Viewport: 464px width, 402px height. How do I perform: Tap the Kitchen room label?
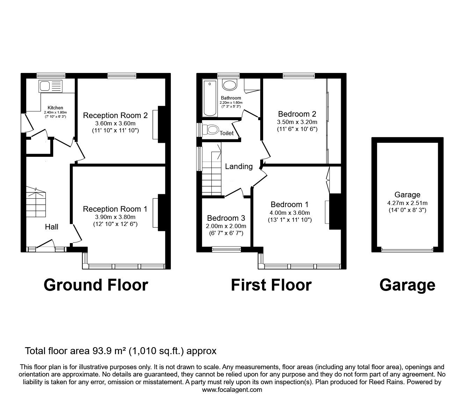tap(56, 108)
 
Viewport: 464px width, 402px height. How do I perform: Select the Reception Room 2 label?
tap(115, 116)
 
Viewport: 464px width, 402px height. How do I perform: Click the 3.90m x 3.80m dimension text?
tap(115, 217)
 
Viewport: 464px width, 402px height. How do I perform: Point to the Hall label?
tap(52, 227)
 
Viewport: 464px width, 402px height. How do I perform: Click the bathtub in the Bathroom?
tap(210, 98)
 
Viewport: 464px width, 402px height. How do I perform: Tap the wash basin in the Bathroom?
tap(230, 85)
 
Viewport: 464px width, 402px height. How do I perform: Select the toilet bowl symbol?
tap(211, 130)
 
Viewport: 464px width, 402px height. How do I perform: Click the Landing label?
tap(239, 167)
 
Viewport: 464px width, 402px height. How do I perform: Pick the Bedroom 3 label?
tap(226, 218)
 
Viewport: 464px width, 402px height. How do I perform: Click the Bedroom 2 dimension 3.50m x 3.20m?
tap(297, 122)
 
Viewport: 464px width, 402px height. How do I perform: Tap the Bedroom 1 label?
tap(289, 205)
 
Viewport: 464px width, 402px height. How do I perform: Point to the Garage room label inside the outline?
tap(407, 195)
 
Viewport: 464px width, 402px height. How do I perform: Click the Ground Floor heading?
tap(96, 285)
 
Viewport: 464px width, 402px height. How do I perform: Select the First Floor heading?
tap(271, 285)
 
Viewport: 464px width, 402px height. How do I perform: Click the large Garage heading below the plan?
tap(407, 285)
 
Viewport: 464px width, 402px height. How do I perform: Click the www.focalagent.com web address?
tap(232, 389)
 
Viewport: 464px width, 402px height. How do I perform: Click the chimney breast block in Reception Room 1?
tap(162, 212)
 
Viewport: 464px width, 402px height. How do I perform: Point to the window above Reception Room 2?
tap(122, 75)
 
